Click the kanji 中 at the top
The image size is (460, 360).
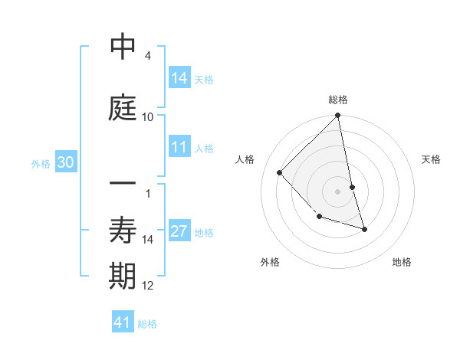pyautogui.click(x=123, y=47)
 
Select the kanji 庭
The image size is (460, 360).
pyautogui.click(x=123, y=108)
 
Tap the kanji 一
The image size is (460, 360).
pyautogui.click(x=123, y=185)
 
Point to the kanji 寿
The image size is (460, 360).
pyautogui.click(x=123, y=231)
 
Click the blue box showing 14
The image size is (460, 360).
pyautogui.click(x=179, y=78)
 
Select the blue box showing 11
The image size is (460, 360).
pyautogui.click(x=179, y=148)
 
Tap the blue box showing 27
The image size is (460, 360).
pyautogui.click(x=179, y=232)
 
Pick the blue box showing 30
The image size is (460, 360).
pyautogui.click(x=67, y=162)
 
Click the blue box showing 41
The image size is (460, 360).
pyautogui.click(x=123, y=323)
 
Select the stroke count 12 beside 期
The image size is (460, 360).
pyautogui.click(x=148, y=286)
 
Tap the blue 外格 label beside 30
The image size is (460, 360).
pyautogui.click(x=41, y=163)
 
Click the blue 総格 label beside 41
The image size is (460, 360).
pyautogui.click(x=147, y=324)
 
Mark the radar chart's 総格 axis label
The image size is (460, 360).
pyautogui.click(x=338, y=100)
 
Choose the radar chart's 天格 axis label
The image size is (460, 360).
pyautogui.click(x=432, y=159)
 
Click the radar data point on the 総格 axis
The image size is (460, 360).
pyautogui.click(x=338, y=116)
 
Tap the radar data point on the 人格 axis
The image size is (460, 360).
pyautogui.click(x=280, y=173)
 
